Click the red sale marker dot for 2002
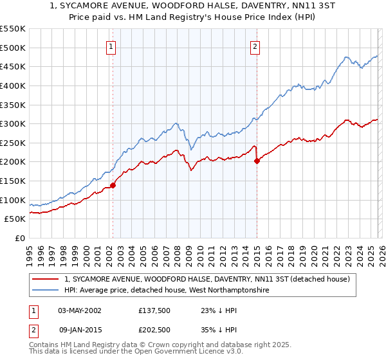pos(113,185)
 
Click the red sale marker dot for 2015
pos(257,161)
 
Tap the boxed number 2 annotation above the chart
pos(255,46)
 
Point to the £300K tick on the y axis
pos(13,123)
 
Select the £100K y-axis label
pos(13,200)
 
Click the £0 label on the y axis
pos(19,238)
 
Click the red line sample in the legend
pos(46,279)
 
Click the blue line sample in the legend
pos(46,291)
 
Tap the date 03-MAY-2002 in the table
pos(80,310)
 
